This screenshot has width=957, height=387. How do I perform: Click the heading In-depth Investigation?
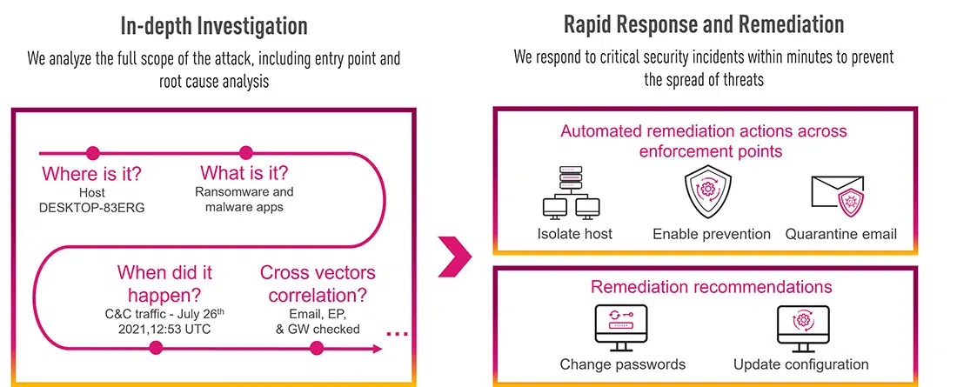(x=214, y=25)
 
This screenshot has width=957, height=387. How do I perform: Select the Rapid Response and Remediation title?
(x=704, y=24)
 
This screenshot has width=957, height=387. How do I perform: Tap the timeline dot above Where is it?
(x=93, y=152)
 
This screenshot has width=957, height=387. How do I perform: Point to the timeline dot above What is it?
(x=246, y=152)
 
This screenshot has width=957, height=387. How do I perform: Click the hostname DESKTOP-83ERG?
(x=92, y=208)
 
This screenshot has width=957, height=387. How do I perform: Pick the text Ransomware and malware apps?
(x=244, y=199)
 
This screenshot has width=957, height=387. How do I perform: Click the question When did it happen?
(x=164, y=284)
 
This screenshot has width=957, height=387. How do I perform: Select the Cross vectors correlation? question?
(x=318, y=284)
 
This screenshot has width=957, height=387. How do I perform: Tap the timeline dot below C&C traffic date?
(x=157, y=348)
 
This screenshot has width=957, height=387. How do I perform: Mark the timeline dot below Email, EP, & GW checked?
(x=316, y=348)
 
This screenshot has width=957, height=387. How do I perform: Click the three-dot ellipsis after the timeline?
(x=398, y=333)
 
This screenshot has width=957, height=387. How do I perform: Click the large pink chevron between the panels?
(x=455, y=257)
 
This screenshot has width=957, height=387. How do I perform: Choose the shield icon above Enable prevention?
(x=708, y=190)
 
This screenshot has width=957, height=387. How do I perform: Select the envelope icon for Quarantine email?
(x=838, y=196)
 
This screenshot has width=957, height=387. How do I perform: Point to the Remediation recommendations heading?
(x=711, y=287)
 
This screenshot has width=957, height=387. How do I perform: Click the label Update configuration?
(x=800, y=364)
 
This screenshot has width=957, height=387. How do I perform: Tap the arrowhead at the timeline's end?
(x=378, y=349)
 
